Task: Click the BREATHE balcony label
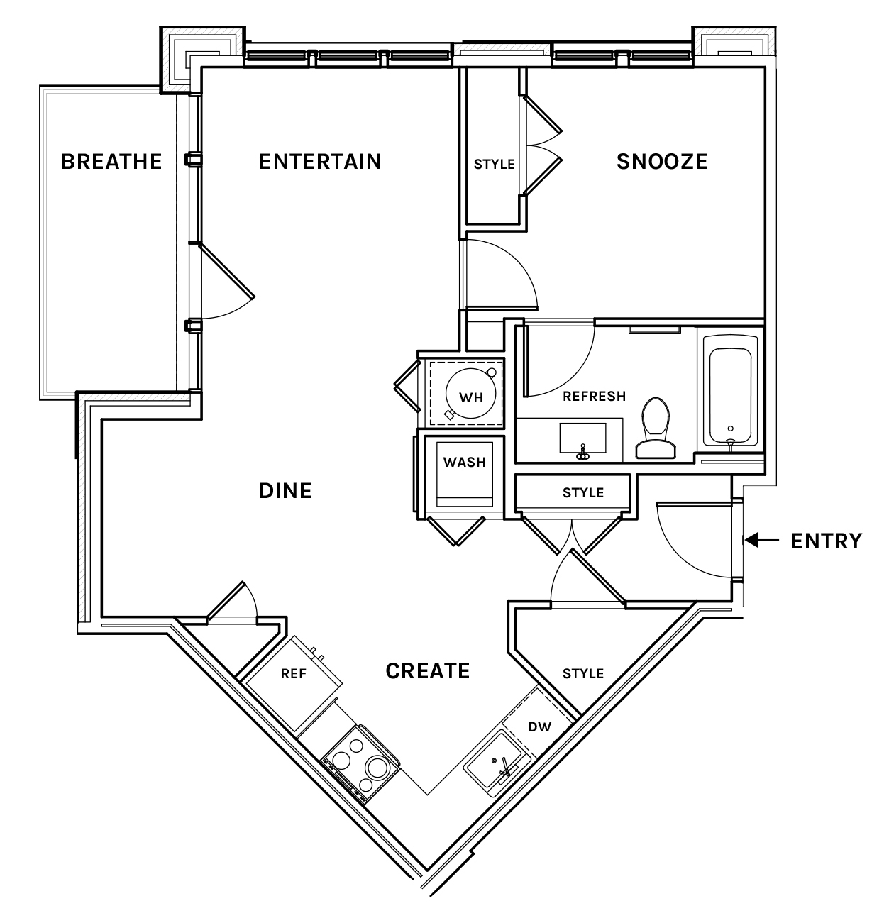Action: [111, 162]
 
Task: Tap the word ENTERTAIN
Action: [320, 162]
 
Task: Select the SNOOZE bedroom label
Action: [662, 162]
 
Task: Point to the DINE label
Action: [285, 491]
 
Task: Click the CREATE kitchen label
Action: [427, 671]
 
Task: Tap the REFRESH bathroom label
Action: [594, 396]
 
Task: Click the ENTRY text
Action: [826, 541]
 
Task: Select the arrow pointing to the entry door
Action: [762, 540]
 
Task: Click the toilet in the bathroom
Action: [656, 428]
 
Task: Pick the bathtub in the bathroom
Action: [730, 390]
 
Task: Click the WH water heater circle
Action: [470, 393]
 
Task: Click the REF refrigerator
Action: [294, 683]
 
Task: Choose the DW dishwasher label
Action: [540, 726]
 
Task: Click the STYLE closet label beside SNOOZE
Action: [495, 165]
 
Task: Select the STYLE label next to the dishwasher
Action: [583, 673]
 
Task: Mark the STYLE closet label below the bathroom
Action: [583, 493]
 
